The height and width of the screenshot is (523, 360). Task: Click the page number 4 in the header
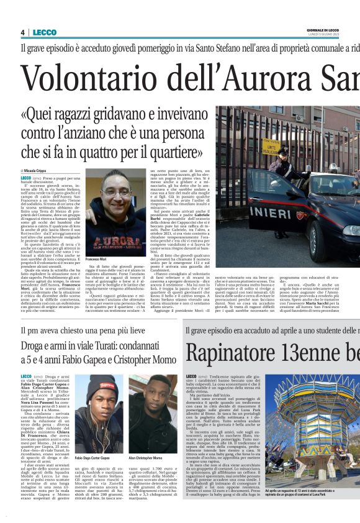[22, 32]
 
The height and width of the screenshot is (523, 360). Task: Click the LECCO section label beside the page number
[45, 32]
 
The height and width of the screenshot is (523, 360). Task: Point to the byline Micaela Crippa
[38, 171]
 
